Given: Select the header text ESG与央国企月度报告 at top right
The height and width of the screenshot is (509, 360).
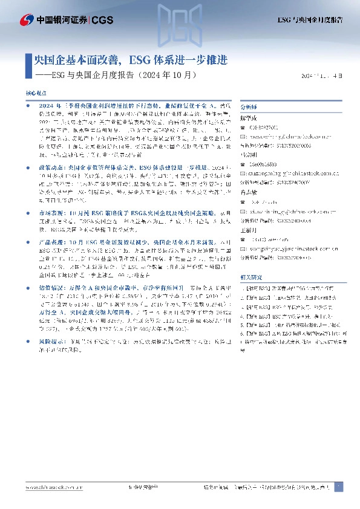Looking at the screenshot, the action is pyautogui.click(x=310, y=21).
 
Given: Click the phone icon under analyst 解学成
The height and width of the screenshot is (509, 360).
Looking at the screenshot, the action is pyautogui.click(x=243, y=128).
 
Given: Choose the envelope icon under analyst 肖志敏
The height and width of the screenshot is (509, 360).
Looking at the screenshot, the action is pyautogui.click(x=243, y=196).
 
